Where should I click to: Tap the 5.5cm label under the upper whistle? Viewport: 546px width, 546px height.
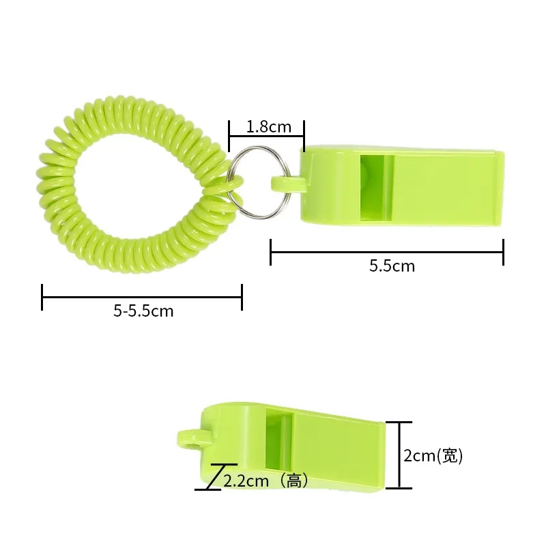coord(392,266)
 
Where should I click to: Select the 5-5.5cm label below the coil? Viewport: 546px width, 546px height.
coord(143,311)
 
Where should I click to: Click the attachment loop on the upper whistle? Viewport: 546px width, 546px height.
coord(285,182)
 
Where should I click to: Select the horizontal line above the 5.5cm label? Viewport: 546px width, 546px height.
coord(386,252)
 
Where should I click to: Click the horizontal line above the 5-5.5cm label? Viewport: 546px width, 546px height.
coord(142,297)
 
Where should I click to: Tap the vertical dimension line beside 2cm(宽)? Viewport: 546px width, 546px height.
coord(401,455)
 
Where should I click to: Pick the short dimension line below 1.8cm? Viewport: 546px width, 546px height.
coord(266,136)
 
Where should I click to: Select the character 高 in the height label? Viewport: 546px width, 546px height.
coord(293,480)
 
